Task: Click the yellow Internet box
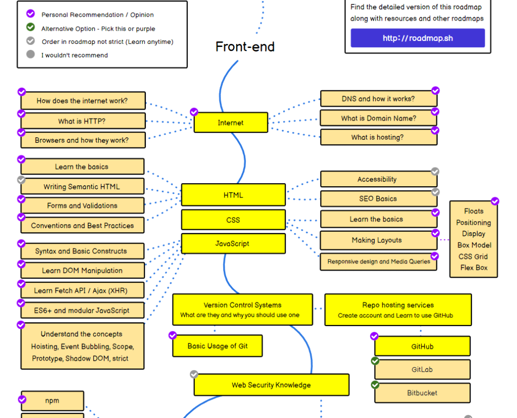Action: (231, 123)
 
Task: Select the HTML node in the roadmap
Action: (233, 195)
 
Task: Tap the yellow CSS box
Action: (233, 220)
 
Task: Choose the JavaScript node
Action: (233, 243)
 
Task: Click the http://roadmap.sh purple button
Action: (418, 38)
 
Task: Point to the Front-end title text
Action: (245, 47)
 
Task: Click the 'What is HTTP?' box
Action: (82, 121)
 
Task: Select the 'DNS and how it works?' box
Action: (378, 99)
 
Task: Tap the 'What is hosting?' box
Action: (378, 137)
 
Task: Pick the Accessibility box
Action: (377, 179)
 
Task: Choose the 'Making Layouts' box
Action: (377, 240)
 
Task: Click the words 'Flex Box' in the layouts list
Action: (474, 268)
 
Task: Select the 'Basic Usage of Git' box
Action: (218, 346)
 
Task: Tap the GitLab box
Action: (422, 370)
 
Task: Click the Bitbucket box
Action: (422, 393)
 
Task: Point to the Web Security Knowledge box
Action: (271, 385)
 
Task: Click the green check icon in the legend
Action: (30, 27)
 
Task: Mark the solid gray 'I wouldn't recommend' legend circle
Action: (30, 54)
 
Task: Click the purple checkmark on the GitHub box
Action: (374, 336)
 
